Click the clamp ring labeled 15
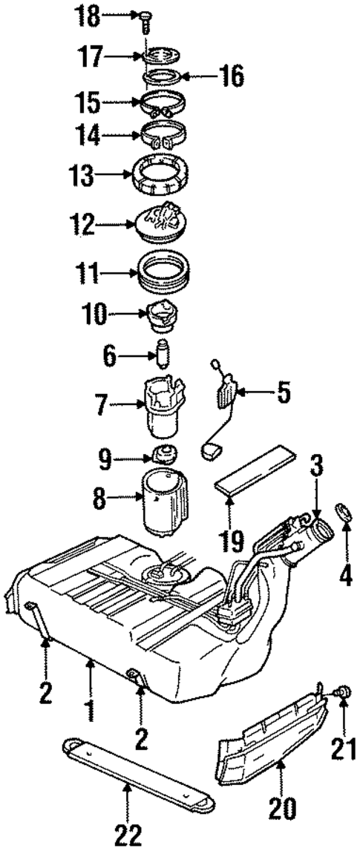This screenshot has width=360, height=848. (x=163, y=105)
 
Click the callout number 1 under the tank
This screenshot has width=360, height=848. (x=90, y=708)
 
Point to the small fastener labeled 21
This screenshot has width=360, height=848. (x=344, y=694)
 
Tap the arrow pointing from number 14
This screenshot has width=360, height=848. (x=127, y=136)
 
